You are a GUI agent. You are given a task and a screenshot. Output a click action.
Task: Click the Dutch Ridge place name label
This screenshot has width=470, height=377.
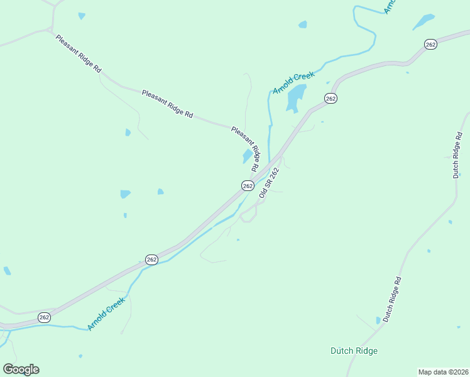click(354, 351)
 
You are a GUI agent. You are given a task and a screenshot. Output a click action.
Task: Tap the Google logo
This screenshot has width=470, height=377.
click(21, 369)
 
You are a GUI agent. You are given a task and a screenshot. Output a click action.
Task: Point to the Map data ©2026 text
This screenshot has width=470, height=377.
click(443, 372)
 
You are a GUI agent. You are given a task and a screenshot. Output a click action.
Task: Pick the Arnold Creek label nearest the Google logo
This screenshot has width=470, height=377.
click(107, 315)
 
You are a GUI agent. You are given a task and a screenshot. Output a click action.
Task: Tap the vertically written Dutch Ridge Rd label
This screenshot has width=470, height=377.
click(457, 155)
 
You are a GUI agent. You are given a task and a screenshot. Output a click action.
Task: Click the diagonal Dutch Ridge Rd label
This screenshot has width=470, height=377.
click(391, 299)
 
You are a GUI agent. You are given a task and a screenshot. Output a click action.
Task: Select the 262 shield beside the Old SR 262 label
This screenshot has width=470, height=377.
click(248, 185)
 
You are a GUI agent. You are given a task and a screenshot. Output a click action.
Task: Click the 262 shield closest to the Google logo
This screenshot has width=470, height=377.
click(44, 317)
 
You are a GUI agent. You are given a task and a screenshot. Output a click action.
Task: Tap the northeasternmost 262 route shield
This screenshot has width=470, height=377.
click(430, 44)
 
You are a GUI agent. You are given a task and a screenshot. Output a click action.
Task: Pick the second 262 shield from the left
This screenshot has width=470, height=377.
click(151, 260)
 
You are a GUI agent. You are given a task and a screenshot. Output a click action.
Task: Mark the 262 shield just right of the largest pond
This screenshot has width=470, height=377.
click(331, 98)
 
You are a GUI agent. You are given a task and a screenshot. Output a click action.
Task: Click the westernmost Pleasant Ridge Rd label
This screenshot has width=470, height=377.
click(78, 55)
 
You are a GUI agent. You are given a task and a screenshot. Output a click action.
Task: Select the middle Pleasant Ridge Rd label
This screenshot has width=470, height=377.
click(167, 104)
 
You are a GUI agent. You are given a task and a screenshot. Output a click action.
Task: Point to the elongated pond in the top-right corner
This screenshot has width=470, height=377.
click(424, 21)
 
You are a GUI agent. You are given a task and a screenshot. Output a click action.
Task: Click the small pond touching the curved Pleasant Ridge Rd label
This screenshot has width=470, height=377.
click(247, 156)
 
